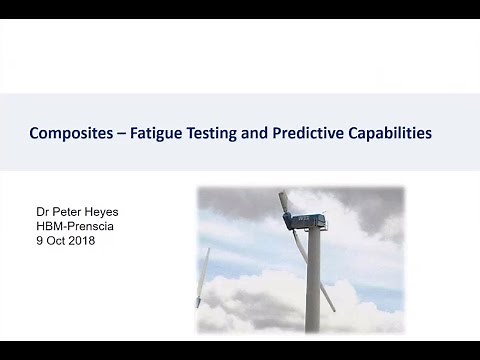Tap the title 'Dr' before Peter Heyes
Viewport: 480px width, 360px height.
coord(42,213)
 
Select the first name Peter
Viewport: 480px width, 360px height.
coord(68,213)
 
